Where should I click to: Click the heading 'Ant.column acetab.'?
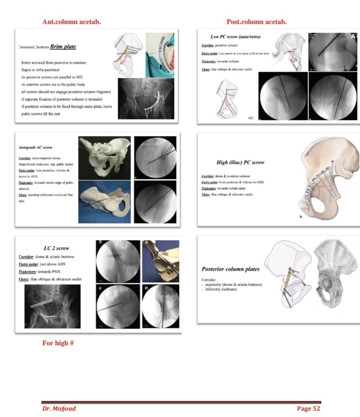pos(71,22)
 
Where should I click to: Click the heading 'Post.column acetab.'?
pos(256,22)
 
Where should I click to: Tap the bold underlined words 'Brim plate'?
pos(63,47)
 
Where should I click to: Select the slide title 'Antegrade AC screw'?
pos(36,147)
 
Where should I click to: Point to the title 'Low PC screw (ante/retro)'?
pos(235,37)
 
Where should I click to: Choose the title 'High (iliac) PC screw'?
pos(240,162)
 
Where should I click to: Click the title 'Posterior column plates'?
pos(230,269)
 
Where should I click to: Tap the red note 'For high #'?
pos(58,343)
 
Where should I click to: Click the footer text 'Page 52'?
pos(309,408)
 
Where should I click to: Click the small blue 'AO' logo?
pos(251,118)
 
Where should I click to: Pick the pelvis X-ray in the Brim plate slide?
pos(146,99)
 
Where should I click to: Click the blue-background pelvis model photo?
pos(105,202)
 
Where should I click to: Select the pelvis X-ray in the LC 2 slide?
pos(53,306)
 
